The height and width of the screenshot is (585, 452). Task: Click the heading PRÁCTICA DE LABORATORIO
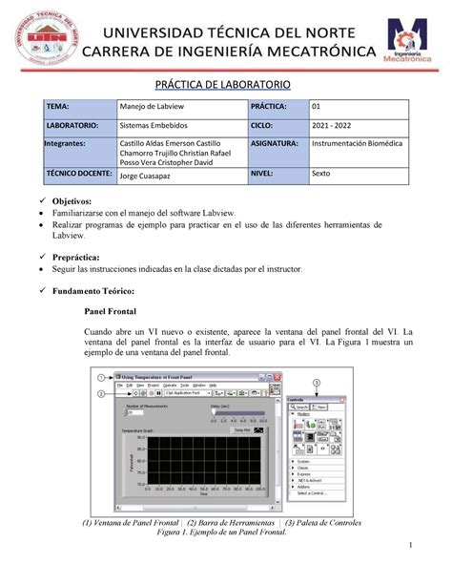click(226, 86)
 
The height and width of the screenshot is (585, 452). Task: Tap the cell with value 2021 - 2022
click(337, 125)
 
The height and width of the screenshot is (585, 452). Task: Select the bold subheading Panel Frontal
click(113, 311)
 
